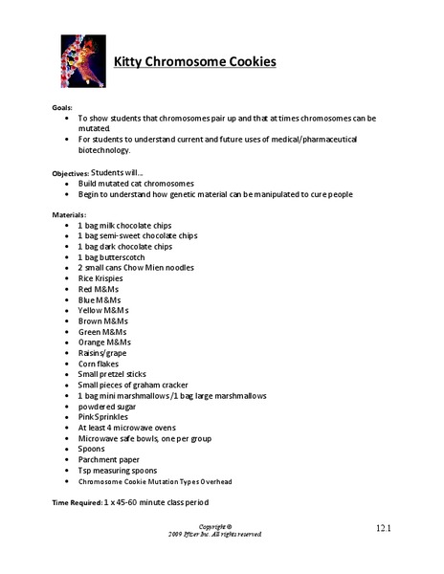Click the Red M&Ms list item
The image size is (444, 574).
click(101, 289)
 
